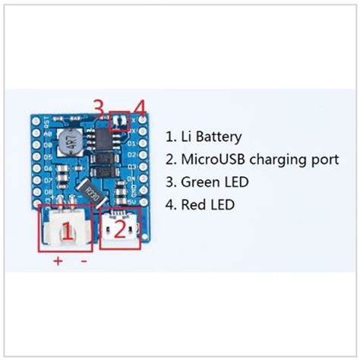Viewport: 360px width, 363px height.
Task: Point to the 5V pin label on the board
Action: (x=130, y=201)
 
